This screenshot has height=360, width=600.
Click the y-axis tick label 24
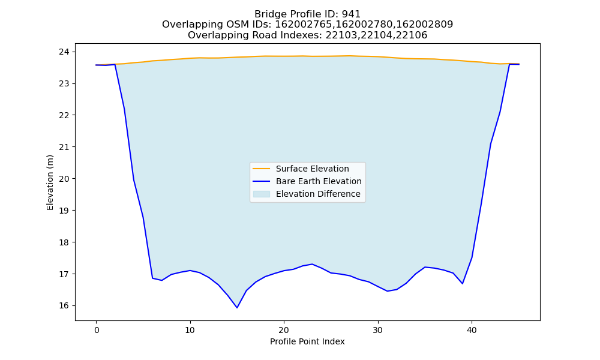coord(65,52)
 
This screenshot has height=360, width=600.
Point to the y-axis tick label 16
coord(65,305)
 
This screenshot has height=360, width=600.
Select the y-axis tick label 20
coord(65,179)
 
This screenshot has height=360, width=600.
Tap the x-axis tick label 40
coord(472,330)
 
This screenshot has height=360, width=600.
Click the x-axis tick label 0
coord(97,330)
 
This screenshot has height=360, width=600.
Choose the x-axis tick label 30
coord(378,330)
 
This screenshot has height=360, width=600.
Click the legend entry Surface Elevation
coord(312,169)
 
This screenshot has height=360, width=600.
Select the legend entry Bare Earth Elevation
coord(319,181)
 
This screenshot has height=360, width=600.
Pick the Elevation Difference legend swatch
coord(262,194)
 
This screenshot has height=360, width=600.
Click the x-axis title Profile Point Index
coord(307,341)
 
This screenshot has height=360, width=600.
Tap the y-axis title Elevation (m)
coord(50,182)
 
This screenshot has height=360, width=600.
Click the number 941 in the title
coord(351,14)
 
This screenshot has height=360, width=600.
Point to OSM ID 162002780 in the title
coord(364,25)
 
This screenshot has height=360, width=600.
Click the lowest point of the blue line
coord(237,308)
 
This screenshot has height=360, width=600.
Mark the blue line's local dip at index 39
coord(463,283)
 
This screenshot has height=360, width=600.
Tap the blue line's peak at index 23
coord(312,264)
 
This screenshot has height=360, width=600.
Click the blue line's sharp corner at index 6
coord(152,278)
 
